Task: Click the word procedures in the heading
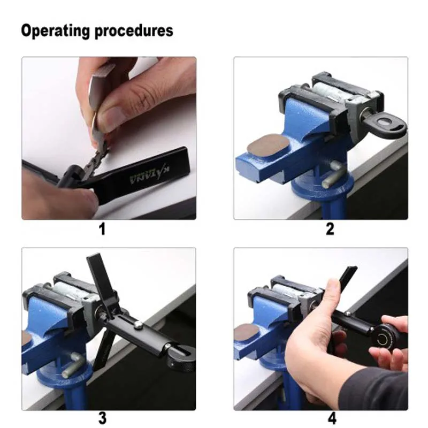point(134,30)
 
